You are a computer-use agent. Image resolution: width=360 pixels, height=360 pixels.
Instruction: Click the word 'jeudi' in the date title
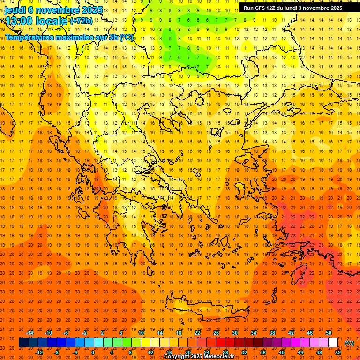click(x=15, y=9)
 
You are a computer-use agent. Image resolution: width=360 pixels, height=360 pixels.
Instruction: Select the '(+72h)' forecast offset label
click(x=81, y=21)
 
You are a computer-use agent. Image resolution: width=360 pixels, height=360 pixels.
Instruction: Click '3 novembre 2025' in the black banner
click(x=321, y=8)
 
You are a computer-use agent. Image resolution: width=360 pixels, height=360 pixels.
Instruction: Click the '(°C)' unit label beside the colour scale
click(x=349, y=343)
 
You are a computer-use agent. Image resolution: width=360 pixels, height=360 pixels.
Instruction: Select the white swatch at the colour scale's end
click(x=333, y=343)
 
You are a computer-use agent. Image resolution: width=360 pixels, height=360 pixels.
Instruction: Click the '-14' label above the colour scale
click(x=30, y=333)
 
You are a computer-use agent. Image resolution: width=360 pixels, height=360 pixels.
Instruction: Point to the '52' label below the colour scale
click(x=338, y=352)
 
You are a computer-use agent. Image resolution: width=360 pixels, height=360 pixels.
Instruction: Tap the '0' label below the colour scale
click(x=92, y=352)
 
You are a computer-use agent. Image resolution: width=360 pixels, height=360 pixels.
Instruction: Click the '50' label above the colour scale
click(x=329, y=333)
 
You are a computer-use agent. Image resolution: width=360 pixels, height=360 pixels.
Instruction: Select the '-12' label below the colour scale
click(x=39, y=352)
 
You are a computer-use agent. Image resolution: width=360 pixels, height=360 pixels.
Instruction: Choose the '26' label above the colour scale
click(x=216, y=333)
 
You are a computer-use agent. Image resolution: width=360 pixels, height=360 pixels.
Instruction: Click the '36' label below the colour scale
click(x=263, y=352)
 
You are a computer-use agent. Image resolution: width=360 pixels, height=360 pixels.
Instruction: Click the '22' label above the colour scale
click(x=197, y=333)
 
